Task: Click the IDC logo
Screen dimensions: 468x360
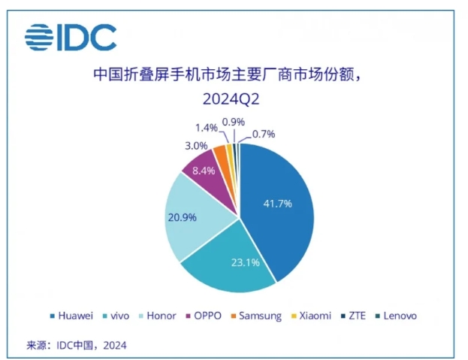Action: (71, 38)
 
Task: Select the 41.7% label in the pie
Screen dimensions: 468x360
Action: (278, 204)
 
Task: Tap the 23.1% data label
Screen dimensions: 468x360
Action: (246, 262)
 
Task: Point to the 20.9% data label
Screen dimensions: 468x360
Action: (182, 217)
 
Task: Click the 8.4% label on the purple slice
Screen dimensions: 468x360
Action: (204, 171)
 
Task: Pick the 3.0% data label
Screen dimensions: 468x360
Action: (196, 146)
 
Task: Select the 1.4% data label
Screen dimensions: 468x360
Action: (207, 128)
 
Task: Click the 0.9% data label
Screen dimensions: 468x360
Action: (234, 122)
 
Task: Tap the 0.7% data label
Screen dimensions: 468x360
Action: (264, 134)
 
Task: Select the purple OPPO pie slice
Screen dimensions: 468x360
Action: (209, 179)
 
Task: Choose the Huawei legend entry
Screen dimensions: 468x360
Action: (71, 316)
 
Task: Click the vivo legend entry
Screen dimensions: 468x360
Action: (116, 316)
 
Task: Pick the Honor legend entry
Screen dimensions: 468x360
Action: (157, 316)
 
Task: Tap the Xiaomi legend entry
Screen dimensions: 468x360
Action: (311, 316)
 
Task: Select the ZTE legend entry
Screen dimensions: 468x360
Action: (353, 316)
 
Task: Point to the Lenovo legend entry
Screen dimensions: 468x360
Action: (396, 316)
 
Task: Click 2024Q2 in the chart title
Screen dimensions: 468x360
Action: (231, 98)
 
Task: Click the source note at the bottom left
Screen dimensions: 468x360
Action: (77, 346)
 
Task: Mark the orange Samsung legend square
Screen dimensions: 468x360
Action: (234, 316)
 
